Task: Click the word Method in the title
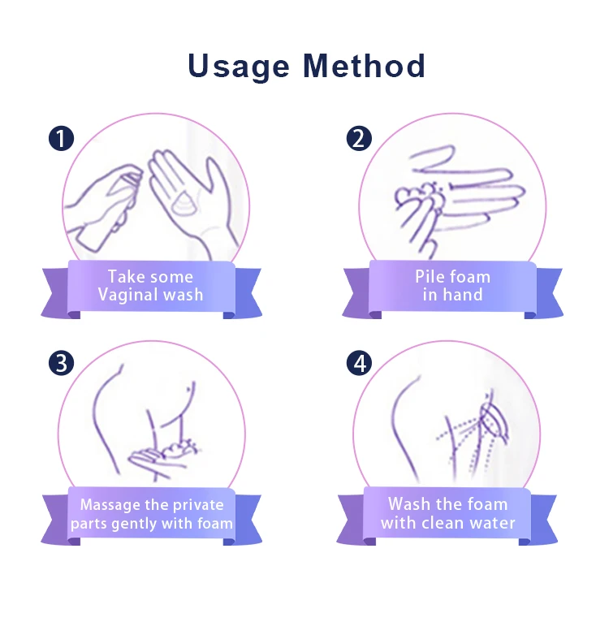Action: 365,65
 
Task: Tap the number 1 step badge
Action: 61,138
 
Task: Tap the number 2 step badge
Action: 359,138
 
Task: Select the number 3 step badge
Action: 61,363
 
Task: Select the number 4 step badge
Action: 359,363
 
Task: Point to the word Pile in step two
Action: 428,276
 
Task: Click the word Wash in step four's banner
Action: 409,504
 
